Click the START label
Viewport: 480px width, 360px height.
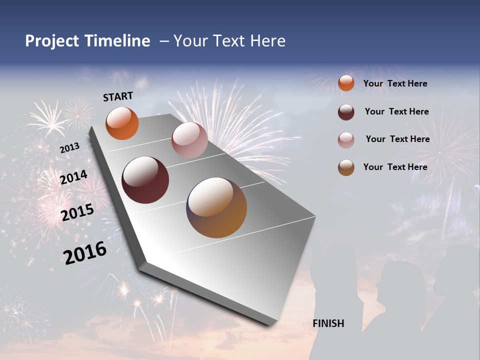118,96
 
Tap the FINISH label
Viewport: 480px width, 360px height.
328,323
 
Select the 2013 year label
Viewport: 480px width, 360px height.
70,148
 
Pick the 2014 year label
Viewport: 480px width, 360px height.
74,177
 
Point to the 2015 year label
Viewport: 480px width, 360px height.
77,212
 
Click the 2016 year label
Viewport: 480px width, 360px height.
85,252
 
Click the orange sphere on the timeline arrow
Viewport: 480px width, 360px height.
122,123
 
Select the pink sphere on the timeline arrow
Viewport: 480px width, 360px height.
189,140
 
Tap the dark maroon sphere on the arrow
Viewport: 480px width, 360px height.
145,180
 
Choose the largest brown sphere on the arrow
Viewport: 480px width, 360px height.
216,207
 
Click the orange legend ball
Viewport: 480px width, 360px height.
346,83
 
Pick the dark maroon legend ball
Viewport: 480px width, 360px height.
346,112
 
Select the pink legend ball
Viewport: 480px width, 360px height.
346,140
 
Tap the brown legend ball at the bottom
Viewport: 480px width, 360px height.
346,167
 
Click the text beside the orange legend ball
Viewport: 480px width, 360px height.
395,83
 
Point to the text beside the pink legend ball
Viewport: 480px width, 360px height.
397,139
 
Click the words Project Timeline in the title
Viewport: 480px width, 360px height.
87,41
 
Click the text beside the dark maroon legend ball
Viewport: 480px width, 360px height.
396,111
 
